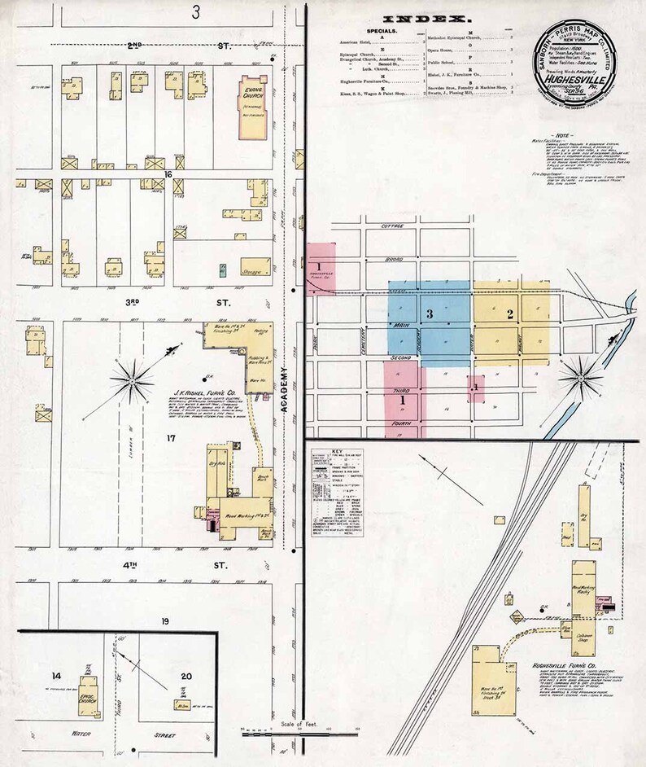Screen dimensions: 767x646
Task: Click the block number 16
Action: tap(165, 173)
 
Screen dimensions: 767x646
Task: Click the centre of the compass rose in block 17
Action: tap(131, 379)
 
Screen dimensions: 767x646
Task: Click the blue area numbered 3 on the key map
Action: tap(429, 313)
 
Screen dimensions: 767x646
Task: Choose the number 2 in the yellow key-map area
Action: tap(510, 313)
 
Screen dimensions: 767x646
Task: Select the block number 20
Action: tap(186, 675)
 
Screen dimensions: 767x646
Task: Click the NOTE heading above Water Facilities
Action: tap(562, 134)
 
